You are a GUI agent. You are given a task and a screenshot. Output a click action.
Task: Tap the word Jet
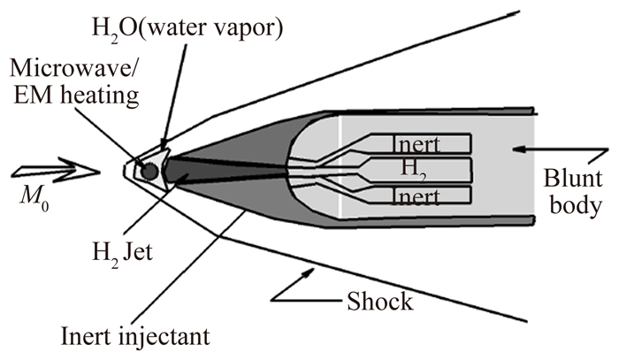click(168, 253)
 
